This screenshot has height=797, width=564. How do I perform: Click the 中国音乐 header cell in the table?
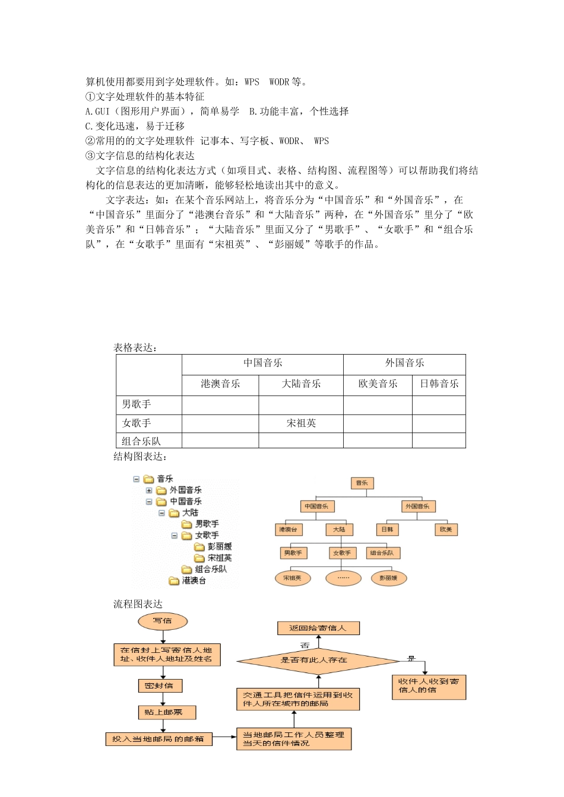pyautogui.click(x=262, y=363)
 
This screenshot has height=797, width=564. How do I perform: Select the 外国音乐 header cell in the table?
pyautogui.click(x=404, y=363)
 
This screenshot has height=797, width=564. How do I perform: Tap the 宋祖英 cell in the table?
pyautogui.click(x=301, y=423)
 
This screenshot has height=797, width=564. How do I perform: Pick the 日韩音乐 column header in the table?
pyautogui.click(x=439, y=384)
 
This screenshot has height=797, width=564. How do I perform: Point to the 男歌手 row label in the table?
pyautogui.click(x=137, y=404)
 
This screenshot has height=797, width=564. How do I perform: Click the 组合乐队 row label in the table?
pyautogui.click(x=141, y=441)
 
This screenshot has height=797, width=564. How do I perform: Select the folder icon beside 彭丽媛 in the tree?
pyautogui.click(x=199, y=547)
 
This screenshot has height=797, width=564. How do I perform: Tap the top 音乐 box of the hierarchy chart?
pyautogui.click(x=362, y=483)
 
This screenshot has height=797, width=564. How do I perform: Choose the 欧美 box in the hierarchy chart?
pyautogui.click(x=445, y=529)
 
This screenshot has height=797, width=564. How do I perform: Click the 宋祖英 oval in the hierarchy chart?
pyautogui.click(x=292, y=578)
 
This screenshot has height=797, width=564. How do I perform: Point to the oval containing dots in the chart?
pyautogui.click(x=343, y=578)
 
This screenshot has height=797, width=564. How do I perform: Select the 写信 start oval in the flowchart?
pyautogui.click(x=163, y=621)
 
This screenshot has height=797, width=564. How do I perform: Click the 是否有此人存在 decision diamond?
pyautogui.click(x=318, y=660)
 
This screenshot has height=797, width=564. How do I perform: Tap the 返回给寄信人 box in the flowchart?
pyautogui.click(x=318, y=628)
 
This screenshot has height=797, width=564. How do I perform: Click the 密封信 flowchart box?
pyautogui.click(x=160, y=686)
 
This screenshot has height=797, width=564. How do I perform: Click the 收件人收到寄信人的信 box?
pyautogui.click(x=429, y=686)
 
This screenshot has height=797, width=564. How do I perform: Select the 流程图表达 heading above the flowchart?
pyautogui.click(x=138, y=604)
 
